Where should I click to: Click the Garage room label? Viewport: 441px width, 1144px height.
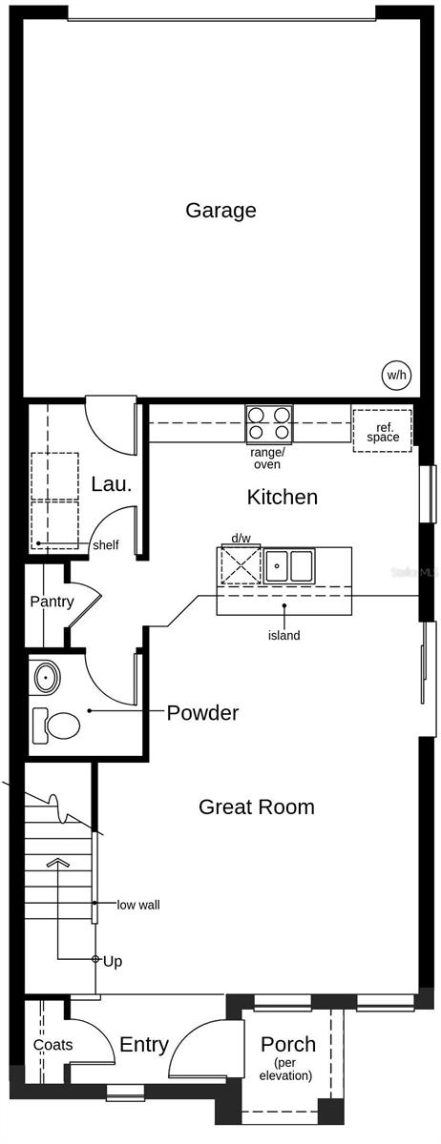tap(220, 211)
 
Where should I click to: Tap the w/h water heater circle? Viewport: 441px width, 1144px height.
tap(396, 375)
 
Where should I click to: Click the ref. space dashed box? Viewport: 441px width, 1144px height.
tap(382, 430)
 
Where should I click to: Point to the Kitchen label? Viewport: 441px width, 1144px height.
tap(282, 497)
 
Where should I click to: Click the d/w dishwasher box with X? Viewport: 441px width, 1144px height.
tap(241, 565)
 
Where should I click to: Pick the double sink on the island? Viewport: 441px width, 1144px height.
tap(289, 565)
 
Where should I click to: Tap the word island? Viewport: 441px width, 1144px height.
tap(283, 635)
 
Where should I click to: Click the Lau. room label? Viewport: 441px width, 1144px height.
tap(111, 484)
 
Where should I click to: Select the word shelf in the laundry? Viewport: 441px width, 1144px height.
tap(105, 545)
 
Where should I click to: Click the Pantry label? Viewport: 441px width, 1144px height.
tap(52, 602)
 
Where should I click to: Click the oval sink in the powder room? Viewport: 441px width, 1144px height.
tap(45, 678)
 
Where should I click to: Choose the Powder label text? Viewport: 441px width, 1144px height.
tap(202, 713)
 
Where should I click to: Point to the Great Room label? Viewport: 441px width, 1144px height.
tap(256, 807)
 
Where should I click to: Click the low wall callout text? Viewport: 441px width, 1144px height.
tap(138, 904)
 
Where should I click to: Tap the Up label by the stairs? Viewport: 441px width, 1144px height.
tap(113, 961)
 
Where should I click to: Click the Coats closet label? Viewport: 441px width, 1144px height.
tap(52, 1045)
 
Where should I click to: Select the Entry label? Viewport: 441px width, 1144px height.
tap(143, 1045)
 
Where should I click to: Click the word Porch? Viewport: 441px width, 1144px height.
tap(287, 1044)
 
